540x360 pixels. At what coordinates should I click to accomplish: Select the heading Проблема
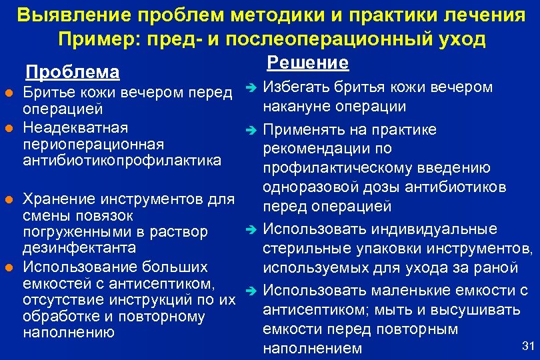point(72,72)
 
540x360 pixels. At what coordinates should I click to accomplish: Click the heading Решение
point(307,63)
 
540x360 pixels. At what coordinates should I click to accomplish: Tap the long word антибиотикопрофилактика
point(122,161)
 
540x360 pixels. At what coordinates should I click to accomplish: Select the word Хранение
point(57,199)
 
